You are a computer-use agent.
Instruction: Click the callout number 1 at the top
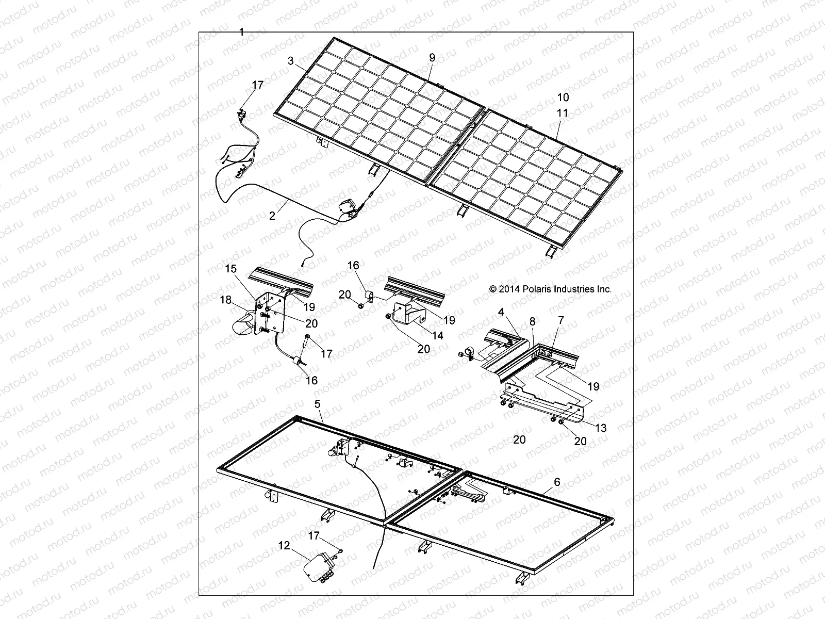(x=241, y=32)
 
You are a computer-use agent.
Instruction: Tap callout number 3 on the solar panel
(x=291, y=61)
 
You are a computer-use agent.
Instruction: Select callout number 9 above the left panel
(x=432, y=58)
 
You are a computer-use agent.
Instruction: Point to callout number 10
(x=563, y=97)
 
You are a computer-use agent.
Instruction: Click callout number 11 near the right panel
(x=563, y=112)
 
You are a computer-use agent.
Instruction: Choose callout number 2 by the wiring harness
(x=272, y=216)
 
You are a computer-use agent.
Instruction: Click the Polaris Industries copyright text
(x=550, y=289)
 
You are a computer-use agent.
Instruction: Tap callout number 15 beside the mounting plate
(x=230, y=269)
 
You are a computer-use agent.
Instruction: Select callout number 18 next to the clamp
(x=226, y=300)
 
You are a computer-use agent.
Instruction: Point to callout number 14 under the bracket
(x=437, y=335)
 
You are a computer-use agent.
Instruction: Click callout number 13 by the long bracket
(x=601, y=428)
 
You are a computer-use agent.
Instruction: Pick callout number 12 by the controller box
(x=284, y=545)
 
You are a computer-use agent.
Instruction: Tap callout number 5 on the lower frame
(x=318, y=403)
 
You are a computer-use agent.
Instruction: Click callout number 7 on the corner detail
(x=560, y=320)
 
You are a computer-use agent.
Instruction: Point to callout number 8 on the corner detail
(x=533, y=321)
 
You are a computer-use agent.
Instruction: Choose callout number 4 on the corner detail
(x=501, y=312)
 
